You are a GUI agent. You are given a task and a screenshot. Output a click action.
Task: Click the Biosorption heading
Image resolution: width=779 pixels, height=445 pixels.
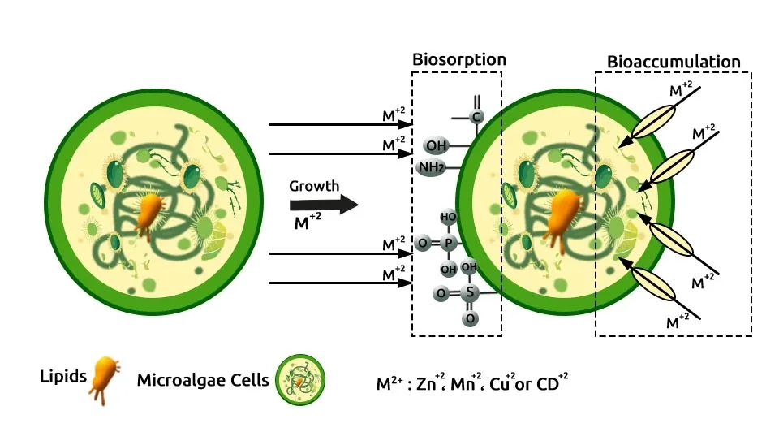pyautogui.click(x=458, y=59)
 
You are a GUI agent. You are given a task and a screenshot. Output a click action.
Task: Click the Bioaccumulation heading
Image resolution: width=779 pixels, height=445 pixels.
pyautogui.click(x=674, y=62)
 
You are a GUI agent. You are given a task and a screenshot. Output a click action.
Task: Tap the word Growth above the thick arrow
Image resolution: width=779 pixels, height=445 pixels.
pyautogui.click(x=314, y=186)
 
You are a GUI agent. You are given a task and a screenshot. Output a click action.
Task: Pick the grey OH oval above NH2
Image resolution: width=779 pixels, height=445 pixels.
pyautogui.click(x=437, y=146)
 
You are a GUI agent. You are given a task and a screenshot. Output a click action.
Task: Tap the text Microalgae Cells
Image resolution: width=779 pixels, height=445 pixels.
pyautogui.click(x=203, y=380)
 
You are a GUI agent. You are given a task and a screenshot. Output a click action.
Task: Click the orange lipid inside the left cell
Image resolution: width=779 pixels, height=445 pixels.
pyautogui.click(x=148, y=214)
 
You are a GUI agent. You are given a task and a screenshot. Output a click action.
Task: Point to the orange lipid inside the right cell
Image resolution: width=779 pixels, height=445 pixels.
pyautogui.click(x=562, y=214)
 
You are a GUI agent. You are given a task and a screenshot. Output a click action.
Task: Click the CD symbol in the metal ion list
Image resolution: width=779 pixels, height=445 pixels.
pyautogui.click(x=548, y=384)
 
